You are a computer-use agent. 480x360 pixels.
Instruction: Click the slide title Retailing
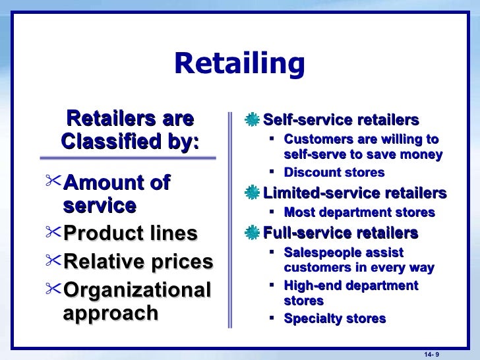pyautogui.click(x=239, y=64)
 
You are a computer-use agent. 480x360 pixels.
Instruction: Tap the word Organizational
pyautogui.click(x=137, y=290)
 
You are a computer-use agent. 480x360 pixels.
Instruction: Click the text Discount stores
pyautogui.click(x=334, y=173)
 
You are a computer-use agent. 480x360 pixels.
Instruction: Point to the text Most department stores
pyautogui.click(x=359, y=212)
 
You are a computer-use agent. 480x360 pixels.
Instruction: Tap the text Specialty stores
pyautogui.click(x=334, y=318)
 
